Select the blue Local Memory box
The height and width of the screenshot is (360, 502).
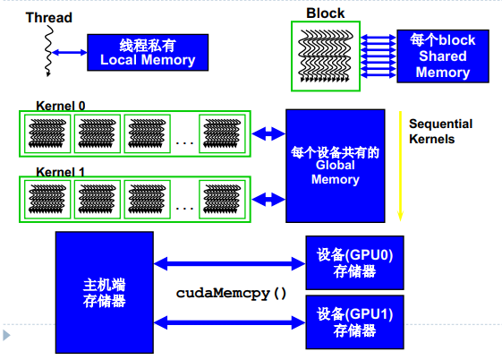[x=147, y=52]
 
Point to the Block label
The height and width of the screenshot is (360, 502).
[x=325, y=13]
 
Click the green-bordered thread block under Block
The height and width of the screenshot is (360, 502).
[x=325, y=56]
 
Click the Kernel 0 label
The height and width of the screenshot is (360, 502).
[x=60, y=106]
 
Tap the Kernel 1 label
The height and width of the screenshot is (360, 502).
[x=60, y=171]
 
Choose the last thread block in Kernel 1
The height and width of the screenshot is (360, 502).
[x=224, y=199]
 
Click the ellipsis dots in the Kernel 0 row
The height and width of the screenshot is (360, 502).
[x=185, y=141]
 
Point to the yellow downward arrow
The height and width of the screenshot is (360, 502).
[x=401, y=166]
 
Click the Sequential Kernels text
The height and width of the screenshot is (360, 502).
[x=440, y=132]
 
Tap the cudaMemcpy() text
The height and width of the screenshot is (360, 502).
[x=231, y=293]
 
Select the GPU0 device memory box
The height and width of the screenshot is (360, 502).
[x=354, y=262]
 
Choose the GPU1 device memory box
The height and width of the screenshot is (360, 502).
[x=354, y=321]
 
